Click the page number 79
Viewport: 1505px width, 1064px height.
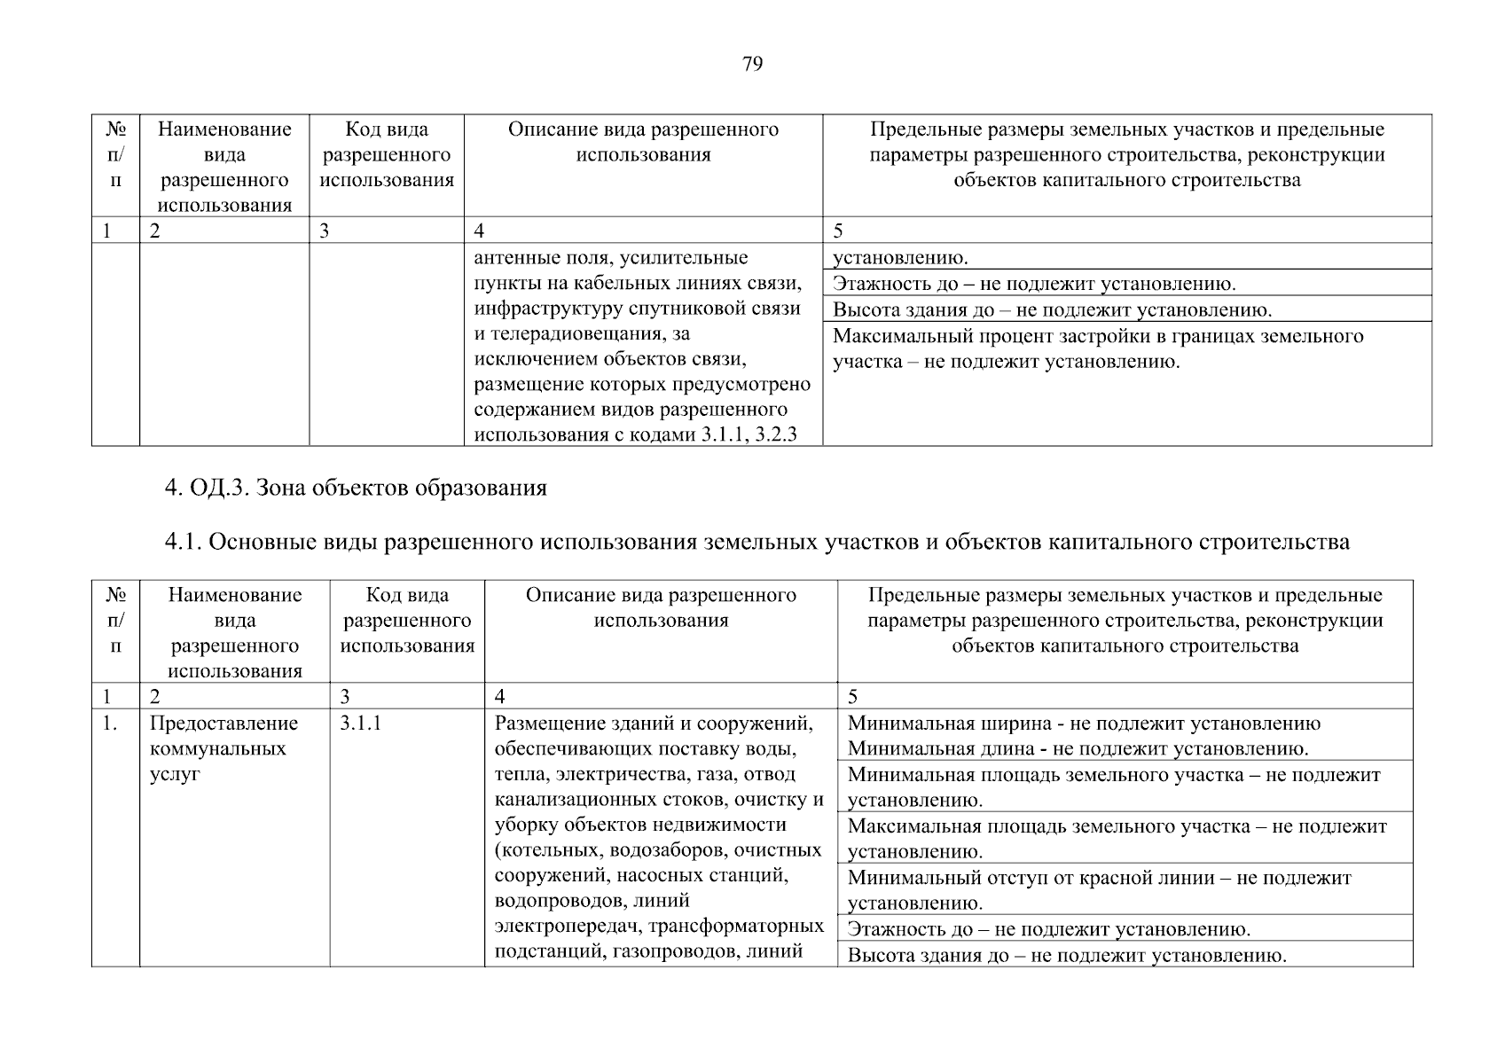tap(751, 64)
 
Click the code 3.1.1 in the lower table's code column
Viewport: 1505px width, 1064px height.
tap(360, 724)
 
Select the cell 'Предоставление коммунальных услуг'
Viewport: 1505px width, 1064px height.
tap(224, 748)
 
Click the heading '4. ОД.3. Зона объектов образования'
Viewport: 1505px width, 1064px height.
tap(356, 488)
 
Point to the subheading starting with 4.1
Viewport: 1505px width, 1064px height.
tap(756, 542)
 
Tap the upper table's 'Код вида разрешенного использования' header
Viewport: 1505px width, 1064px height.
tap(387, 155)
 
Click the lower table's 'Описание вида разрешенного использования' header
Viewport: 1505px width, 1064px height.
tap(661, 607)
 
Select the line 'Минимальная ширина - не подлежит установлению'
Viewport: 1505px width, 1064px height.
tap(1084, 724)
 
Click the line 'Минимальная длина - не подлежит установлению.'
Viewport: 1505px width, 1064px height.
tap(1078, 749)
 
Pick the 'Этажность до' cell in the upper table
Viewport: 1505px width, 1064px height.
tap(1034, 285)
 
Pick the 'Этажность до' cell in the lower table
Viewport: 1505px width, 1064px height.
tap(1049, 929)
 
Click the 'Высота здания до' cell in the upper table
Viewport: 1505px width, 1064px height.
tap(1052, 310)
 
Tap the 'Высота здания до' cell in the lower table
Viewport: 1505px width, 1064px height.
tap(1067, 956)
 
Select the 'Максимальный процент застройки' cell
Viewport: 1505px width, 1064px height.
tap(1098, 349)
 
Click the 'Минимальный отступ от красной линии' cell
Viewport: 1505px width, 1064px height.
tap(1100, 890)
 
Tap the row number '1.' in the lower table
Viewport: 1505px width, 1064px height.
tap(109, 724)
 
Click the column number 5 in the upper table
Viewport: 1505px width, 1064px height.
tap(838, 231)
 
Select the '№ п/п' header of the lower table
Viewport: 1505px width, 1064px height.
tap(115, 621)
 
